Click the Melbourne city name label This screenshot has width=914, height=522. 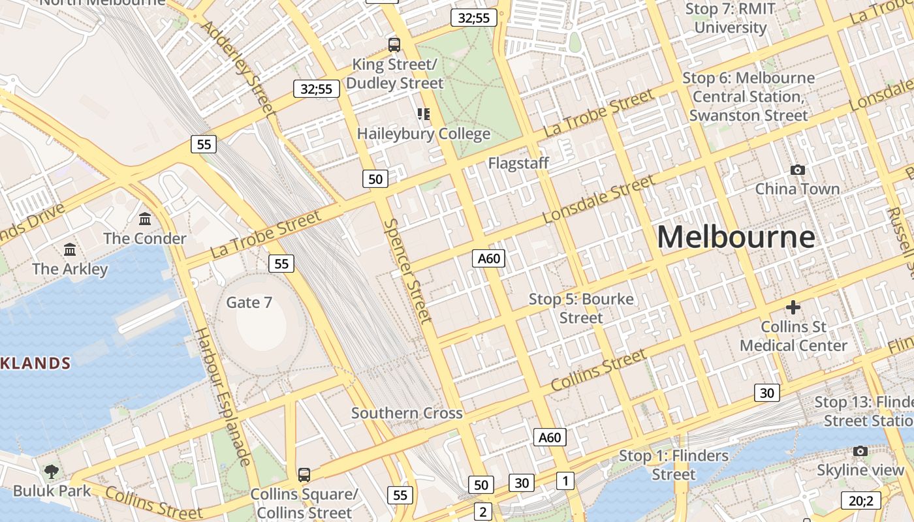(x=736, y=236)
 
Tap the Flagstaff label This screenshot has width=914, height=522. (x=519, y=163)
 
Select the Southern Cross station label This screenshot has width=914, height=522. (x=407, y=413)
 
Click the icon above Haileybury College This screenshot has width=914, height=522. (x=424, y=114)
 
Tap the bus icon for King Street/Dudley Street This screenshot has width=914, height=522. (x=394, y=44)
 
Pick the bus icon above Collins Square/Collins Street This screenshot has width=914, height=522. (x=304, y=474)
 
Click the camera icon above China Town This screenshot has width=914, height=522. (x=797, y=170)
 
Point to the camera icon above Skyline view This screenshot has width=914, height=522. (x=860, y=451)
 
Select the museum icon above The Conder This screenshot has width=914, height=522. (x=145, y=219)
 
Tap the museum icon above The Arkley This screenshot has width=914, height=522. (x=70, y=249)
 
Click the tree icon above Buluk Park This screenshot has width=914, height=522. (x=52, y=470)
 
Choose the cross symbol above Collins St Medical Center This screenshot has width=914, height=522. (x=793, y=307)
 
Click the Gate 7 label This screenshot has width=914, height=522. (x=249, y=302)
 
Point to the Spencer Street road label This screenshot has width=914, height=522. (x=407, y=271)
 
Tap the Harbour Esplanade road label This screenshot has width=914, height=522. (x=223, y=397)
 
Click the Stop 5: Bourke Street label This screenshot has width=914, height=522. (x=581, y=308)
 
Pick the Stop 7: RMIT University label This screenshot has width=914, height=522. (x=731, y=18)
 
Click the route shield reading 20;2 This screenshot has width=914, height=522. (x=860, y=500)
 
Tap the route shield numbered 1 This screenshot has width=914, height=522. (x=565, y=481)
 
